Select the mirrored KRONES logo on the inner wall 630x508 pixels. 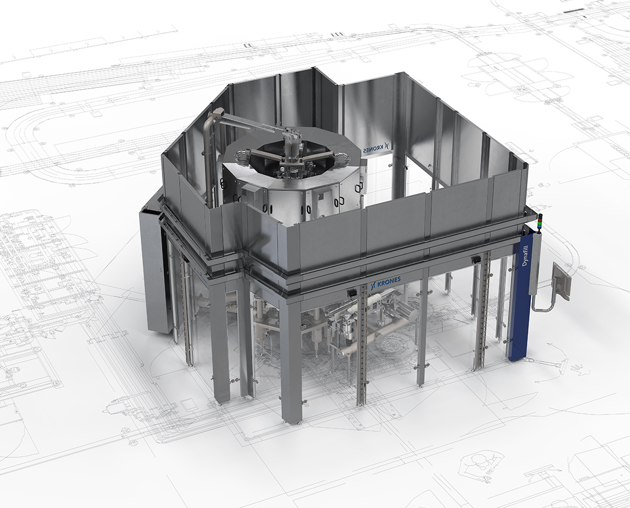[x=375, y=149]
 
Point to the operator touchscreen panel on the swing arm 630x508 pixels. [x=562, y=281]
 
